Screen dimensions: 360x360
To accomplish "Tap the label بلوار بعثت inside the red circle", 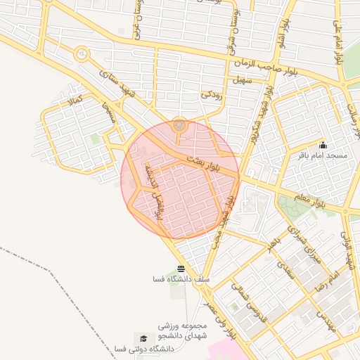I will (x=204, y=165).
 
